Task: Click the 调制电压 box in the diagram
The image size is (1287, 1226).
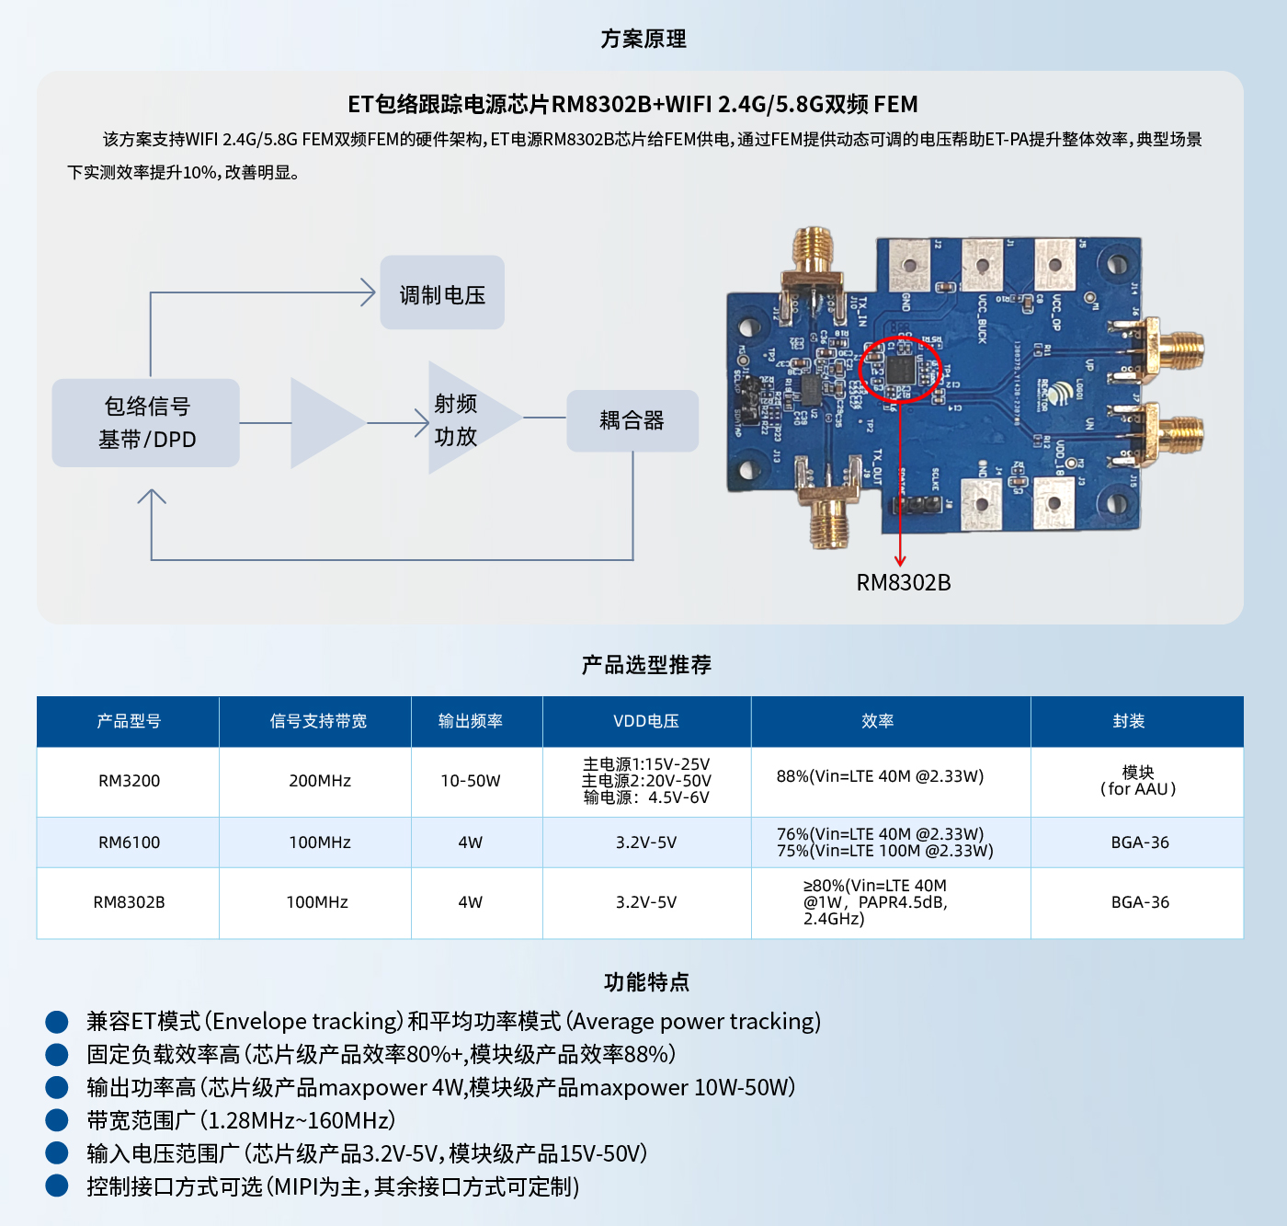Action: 442,293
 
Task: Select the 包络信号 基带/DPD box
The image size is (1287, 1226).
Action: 146,423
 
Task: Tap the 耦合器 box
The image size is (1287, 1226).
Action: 632,421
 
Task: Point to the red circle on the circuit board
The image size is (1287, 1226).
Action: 900,370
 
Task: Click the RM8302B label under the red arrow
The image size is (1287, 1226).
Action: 903,582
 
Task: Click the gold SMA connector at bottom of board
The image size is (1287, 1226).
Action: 829,520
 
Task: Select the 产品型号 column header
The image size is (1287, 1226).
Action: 129,721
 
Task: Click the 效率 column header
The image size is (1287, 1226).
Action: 877,721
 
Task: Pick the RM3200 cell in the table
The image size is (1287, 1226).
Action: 129,781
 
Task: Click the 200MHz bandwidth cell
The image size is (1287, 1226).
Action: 319,781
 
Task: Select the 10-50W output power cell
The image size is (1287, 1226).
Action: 470,781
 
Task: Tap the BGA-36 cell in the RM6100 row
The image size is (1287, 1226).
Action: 1139,842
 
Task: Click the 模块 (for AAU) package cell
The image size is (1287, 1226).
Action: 1137,781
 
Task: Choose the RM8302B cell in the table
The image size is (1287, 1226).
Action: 129,902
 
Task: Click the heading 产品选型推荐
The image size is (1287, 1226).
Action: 646,665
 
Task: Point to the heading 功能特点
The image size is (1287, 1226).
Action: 646,982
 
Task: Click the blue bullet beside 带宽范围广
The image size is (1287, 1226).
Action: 57,1120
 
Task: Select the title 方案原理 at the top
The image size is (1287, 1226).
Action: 643,39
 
